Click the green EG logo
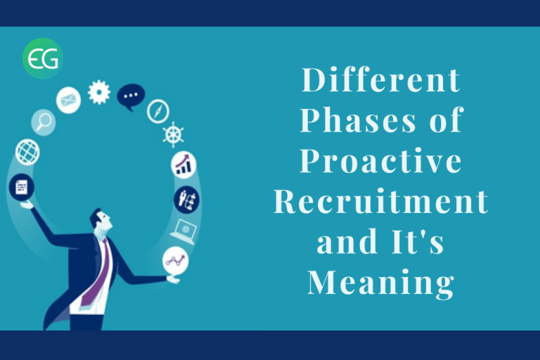tap(43, 58)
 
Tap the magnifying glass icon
tap(44, 122)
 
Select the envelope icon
tap(68, 101)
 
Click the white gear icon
tap(99, 92)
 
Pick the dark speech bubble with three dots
tap(131, 96)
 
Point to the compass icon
tap(158, 111)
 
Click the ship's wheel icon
tap(173, 134)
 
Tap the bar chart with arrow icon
tap(184, 165)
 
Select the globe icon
tap(27, 152)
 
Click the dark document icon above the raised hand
tap(21, 188)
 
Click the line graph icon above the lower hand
tap(176, 260)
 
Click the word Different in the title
tap(381, 80)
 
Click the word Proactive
tap(381, 160)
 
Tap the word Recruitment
tap(381, 201)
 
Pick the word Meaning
tap(381, 283)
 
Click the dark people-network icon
tap(187, 200)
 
